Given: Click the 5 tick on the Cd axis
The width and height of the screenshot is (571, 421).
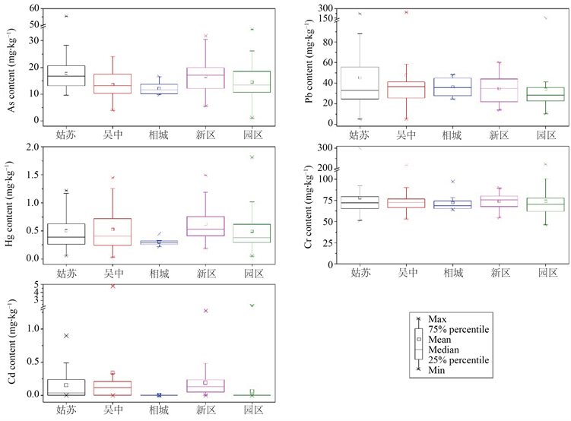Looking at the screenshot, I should click(x=36, y=284).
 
